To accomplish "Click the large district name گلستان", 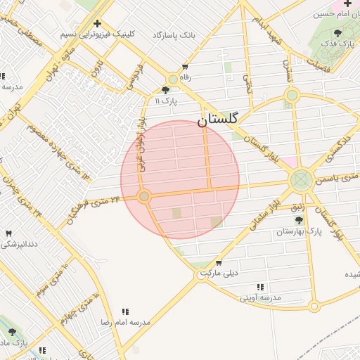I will (x=218, y=120).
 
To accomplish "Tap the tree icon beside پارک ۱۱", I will (x=165, y=90).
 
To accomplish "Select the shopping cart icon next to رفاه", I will (x=185, y=68).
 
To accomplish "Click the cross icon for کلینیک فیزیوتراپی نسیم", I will (x=97, y=23).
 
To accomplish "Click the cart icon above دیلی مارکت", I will (x=219, y=262).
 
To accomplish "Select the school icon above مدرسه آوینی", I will (x=260, y=287).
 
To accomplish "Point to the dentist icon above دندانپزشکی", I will (x=8, y=233).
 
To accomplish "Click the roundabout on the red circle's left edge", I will (x=144, y=197).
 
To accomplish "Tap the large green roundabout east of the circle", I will (x=302, y=180).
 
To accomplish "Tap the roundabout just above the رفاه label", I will (x=172, y=80).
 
